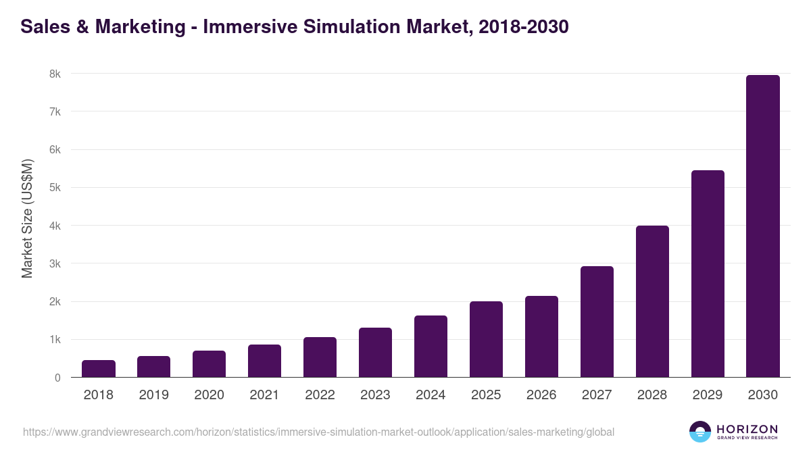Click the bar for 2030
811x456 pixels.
[x=762, y=226]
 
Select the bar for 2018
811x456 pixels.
[x=99, y=369]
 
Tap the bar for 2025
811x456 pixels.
[x=486, y=339]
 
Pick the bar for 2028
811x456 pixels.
[x=652, y=301]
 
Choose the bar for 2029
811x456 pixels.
[x=708, y=274]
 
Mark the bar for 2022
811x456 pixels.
[x=320, y=357]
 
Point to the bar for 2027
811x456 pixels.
[x=597, y=322]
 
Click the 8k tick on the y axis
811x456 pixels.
[x=53, y=74]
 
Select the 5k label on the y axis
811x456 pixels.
[x=53, y=188]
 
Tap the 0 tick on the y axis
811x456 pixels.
[x=57, y=378]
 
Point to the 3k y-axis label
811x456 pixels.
[x=53, y=264]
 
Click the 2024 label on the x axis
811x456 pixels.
[x=431, y=395]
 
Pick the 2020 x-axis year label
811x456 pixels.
[x=209, y=395]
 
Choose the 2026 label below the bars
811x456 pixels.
[x=541, y=395]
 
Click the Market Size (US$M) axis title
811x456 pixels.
[x=27, y=219]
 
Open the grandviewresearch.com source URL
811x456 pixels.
[x=318, y=432]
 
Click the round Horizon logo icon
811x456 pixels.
[x=699, y=432]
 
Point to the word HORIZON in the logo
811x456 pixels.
[x=747, y=429]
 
